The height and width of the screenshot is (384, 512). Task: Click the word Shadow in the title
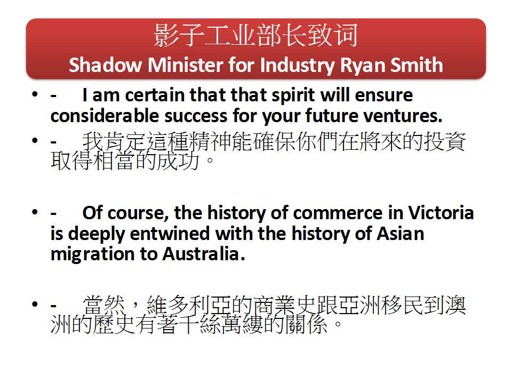[105, 65]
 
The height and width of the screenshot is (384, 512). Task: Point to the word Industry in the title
[298, 66]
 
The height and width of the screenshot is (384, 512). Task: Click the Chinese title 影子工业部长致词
[255, 35]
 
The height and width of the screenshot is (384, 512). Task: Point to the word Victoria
[441, 213]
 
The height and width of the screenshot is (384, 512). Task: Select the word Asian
[401, 234]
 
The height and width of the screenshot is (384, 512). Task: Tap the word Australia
[203, 254]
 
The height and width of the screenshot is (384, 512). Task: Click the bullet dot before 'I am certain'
[35, 94]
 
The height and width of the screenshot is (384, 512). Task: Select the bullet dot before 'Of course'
[35, 212]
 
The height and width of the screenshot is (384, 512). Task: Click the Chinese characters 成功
[178, 161]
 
